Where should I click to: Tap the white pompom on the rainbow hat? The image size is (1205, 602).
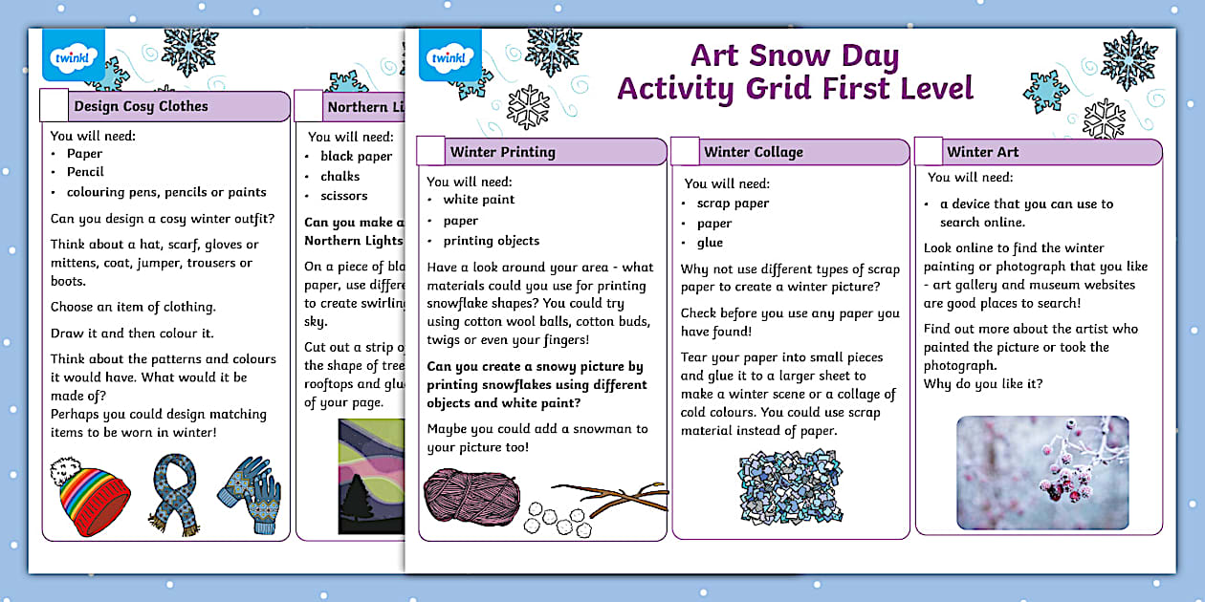[65, 470]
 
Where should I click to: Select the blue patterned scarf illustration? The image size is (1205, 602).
[174, 494]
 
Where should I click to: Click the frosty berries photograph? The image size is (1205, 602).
[1042, 473]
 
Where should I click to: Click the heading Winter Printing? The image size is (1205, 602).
[502, 152]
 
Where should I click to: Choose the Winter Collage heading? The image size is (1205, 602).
[754, 152]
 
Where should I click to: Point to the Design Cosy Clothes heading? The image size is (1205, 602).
[141, 106]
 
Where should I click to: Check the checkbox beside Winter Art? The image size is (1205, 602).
[929, 152]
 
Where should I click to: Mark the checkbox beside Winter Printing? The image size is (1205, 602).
[431, 152]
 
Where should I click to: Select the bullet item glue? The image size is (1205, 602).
[710, 243]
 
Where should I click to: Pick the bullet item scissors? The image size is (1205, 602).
[344, 196]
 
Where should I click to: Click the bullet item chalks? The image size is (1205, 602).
[340, 176]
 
